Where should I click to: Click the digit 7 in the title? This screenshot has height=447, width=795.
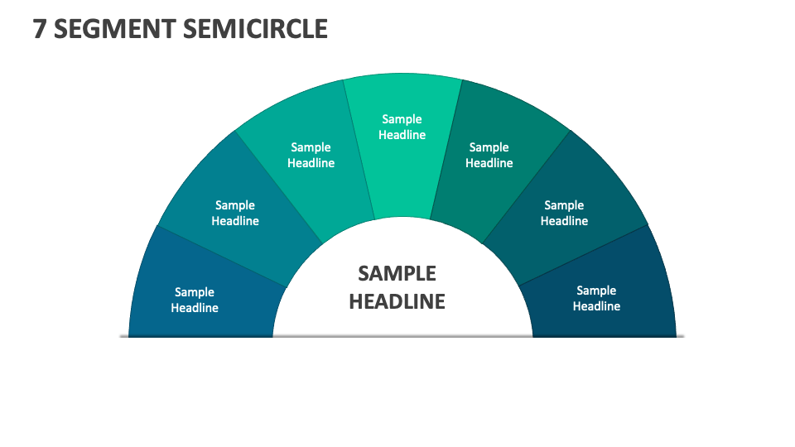pos(39,29)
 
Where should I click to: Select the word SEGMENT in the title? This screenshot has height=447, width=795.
pos(112,29)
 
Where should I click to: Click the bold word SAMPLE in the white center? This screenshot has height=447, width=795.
pos(397,273)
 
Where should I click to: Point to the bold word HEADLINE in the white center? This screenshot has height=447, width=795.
pos(397,301)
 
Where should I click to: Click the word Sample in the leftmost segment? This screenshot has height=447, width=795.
pos(195,292)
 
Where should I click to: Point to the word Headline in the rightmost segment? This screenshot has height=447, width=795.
pos(596,306)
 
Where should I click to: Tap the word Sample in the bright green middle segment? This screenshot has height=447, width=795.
pos(402,119)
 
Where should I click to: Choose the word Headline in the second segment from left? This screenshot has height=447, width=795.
pos(235,221)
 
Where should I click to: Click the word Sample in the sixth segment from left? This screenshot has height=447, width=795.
pos(564,205)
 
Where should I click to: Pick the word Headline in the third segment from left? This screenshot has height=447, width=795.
pos(311,163)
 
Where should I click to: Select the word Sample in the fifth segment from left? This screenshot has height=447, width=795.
pos(489,147)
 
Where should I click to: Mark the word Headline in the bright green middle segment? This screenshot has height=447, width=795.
pos(402,135)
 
